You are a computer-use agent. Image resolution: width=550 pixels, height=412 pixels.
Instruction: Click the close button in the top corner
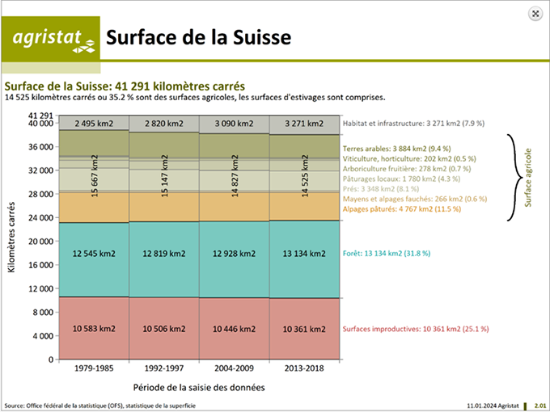click(535, 13)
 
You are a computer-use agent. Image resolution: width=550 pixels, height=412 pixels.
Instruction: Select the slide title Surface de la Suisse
click(198, 38)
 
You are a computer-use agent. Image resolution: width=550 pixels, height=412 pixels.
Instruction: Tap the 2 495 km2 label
click(94, 124)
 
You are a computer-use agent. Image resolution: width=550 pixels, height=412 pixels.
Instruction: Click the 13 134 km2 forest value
click(304, 254)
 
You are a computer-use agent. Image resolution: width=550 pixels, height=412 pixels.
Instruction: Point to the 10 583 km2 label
click(94, 329)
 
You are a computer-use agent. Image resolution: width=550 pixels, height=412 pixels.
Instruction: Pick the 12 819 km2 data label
click(164, 254)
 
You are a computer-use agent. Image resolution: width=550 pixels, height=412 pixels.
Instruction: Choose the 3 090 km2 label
click(235, 124)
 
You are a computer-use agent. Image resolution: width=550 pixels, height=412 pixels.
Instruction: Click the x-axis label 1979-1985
click(94, 369)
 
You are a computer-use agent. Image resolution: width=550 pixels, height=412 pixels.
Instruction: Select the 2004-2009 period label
click(235, 369)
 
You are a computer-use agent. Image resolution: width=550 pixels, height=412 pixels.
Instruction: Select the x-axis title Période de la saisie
click(199, 387)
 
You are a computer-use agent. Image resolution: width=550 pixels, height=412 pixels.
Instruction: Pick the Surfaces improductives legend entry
click(416, 329)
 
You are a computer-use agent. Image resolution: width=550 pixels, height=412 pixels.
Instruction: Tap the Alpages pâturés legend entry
click(402, 208)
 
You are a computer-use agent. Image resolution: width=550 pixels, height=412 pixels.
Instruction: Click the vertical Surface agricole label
click(529, 177)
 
